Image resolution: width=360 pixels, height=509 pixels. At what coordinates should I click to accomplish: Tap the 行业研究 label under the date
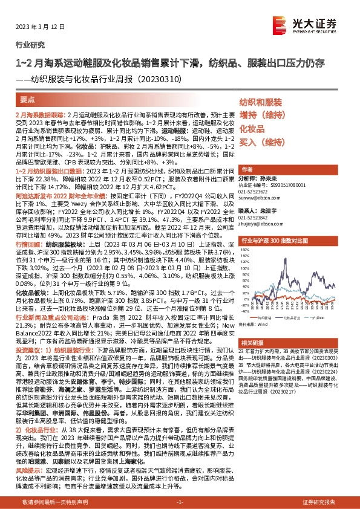28,44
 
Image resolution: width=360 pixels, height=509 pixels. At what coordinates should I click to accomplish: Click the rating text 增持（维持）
261,115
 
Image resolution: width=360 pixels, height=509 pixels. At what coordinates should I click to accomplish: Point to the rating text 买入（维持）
261,143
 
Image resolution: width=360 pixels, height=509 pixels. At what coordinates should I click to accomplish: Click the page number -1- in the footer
180,502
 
